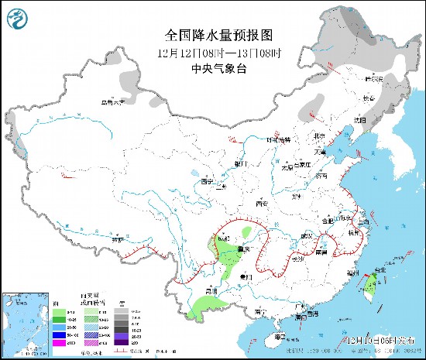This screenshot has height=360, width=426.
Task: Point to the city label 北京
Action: pyautogui.click(x=318, y=137)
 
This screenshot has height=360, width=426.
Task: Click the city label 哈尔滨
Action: pyautogui.click(x=376, y=79)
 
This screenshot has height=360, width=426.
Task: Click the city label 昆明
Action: pyautogui.click(x=209, y=290)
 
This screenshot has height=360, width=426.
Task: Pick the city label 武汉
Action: pyautogui.click(x=308, y=235)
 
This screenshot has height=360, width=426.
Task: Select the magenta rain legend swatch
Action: pyautogui.click(x=58, y=341)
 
